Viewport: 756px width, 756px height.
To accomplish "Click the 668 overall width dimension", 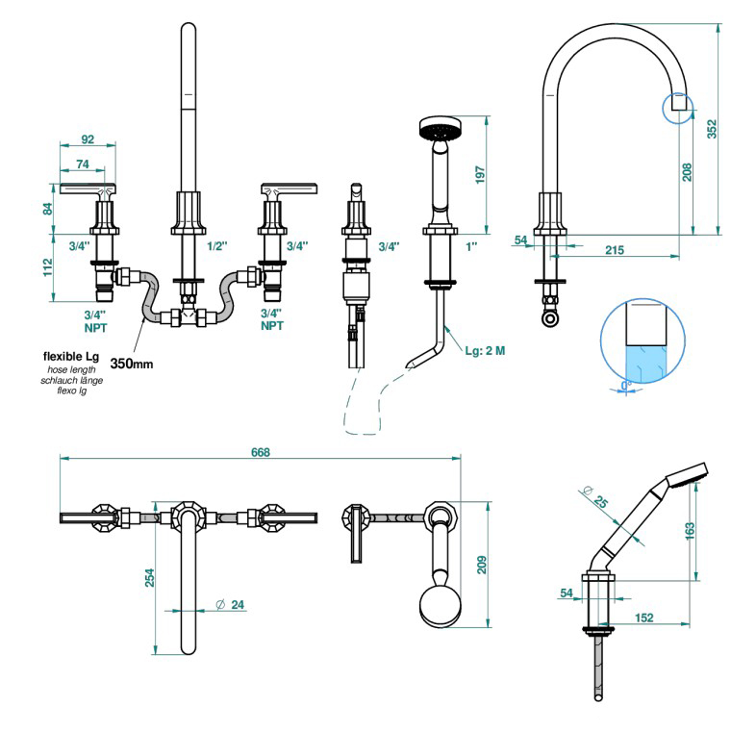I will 261,452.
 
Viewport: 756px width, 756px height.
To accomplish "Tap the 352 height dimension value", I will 713,129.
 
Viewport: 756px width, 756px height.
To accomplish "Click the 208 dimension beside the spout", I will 686,170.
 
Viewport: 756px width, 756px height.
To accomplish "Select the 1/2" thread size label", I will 217,246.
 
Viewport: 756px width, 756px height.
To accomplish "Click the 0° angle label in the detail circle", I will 625,385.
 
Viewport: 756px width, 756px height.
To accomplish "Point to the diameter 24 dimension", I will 231,604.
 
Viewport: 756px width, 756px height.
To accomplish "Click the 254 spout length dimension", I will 150,578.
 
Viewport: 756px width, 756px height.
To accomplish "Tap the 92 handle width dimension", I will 88,139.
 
